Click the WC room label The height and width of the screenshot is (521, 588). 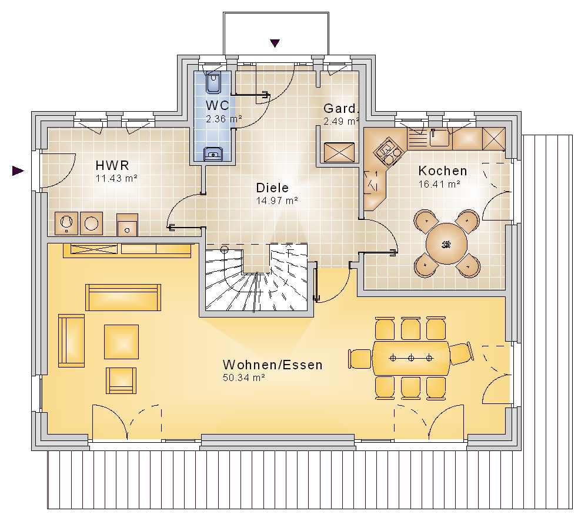(x=217, y=105)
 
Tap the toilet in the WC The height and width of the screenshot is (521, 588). (x=213, y=82)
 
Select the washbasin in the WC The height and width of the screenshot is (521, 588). (x=213, y=154)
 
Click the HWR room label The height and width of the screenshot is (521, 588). (x=112, y=165)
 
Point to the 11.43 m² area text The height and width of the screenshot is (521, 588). (x=116, y=178)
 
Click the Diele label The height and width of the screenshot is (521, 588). (x=272, y=188)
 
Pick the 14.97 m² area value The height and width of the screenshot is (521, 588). (x=277, y=201)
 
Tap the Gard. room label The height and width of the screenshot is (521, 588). (x=340, y=108)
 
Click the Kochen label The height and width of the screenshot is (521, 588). (x=443, y=171)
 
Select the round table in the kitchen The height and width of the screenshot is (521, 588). (x=446, y=244)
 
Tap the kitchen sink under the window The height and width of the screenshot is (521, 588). (x=439, y=137)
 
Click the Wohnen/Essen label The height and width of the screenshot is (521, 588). (x=273, y=365)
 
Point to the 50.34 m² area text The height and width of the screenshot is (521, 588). (x=244, y=378)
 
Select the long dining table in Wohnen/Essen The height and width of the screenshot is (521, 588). (x=411, y=358)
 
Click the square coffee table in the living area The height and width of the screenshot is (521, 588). (x=122, y=342)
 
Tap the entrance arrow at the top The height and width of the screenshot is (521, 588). (x=275, y=44)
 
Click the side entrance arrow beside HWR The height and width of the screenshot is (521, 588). (x=18, y=171)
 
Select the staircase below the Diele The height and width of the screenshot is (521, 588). (x=256, y=278)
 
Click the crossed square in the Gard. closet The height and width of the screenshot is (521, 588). (x=339, y=152)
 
